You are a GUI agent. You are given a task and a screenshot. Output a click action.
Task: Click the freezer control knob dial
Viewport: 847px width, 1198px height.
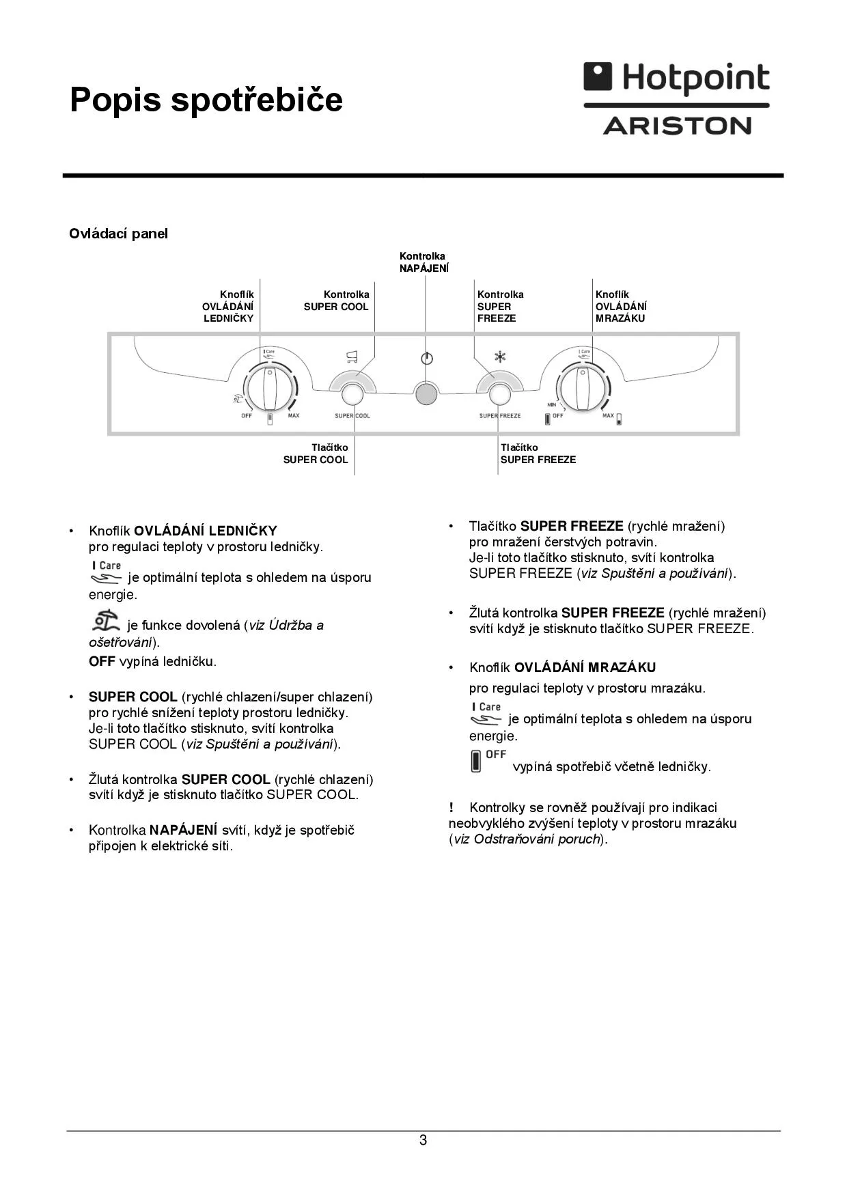tap(582, 388)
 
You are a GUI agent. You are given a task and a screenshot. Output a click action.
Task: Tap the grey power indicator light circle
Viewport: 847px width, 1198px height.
tap(426, 395)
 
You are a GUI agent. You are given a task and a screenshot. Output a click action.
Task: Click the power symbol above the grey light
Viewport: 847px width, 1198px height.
tap(427, 359)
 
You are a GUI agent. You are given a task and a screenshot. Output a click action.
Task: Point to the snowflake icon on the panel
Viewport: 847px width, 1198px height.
tap(500, 357)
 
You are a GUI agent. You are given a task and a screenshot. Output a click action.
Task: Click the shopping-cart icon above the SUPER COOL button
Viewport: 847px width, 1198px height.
tap(352, 356)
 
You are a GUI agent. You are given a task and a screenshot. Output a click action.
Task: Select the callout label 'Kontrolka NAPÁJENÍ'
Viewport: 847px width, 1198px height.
tap(423, 262)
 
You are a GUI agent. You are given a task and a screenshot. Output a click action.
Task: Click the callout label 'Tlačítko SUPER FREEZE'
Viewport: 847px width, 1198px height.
tap(538, 454)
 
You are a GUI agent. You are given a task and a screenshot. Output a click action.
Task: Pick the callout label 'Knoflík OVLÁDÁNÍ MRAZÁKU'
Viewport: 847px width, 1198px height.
tap(621, 306)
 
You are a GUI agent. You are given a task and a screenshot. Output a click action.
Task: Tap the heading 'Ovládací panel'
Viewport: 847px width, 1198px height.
tap(118, 234)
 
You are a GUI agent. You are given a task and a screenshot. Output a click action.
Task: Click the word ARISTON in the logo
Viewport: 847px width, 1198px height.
tap(677, 126)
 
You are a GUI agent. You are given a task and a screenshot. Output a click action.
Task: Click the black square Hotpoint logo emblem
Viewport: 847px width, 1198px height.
tap(598, 76)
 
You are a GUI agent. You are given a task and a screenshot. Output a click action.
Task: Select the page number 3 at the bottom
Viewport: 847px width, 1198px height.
tap(423, 1140)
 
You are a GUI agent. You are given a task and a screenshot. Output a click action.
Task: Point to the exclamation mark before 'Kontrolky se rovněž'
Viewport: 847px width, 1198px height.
tap(452, 808)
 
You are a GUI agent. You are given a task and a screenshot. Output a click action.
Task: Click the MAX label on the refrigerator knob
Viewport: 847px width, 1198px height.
tap(293, 416)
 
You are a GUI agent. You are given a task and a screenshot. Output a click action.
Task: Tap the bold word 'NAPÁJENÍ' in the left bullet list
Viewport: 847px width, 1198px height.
tap(183, 830)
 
